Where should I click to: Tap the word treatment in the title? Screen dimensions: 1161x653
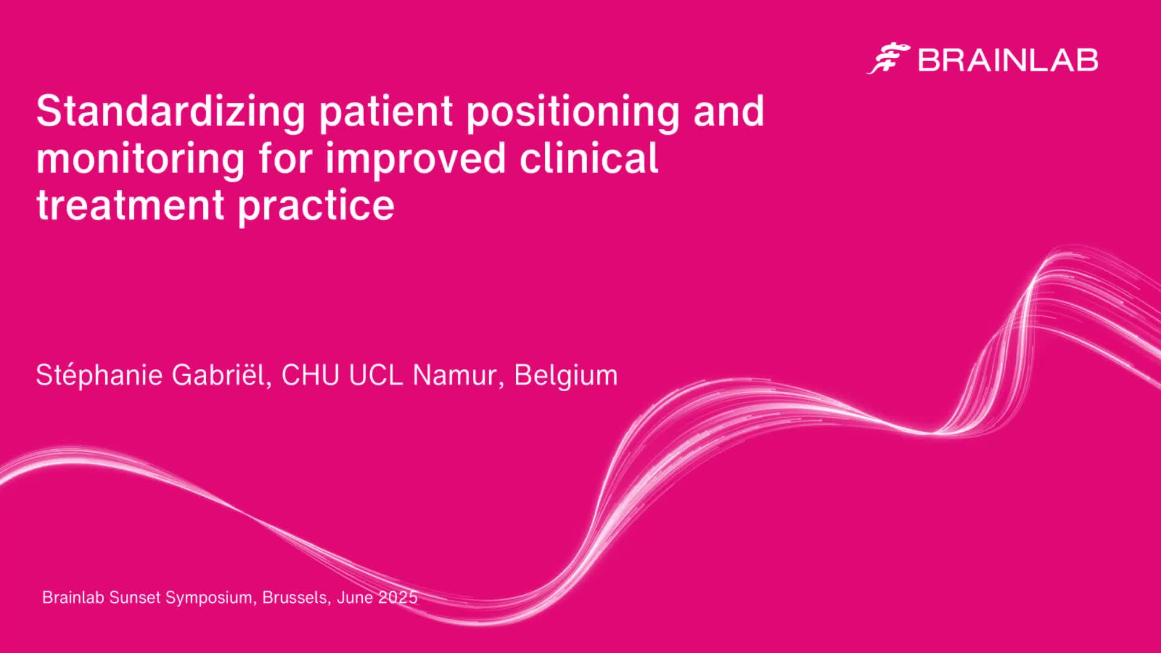[131, 205]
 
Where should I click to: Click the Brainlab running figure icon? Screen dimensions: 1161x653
[888, 59]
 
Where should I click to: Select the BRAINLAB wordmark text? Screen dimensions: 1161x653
[1008, 60]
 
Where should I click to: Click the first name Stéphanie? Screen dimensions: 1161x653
[99, 375]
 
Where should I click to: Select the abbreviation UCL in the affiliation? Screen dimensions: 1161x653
[376, 375]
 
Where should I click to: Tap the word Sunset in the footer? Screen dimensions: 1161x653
[135, 597]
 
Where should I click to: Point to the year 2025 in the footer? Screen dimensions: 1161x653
[398, 597]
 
